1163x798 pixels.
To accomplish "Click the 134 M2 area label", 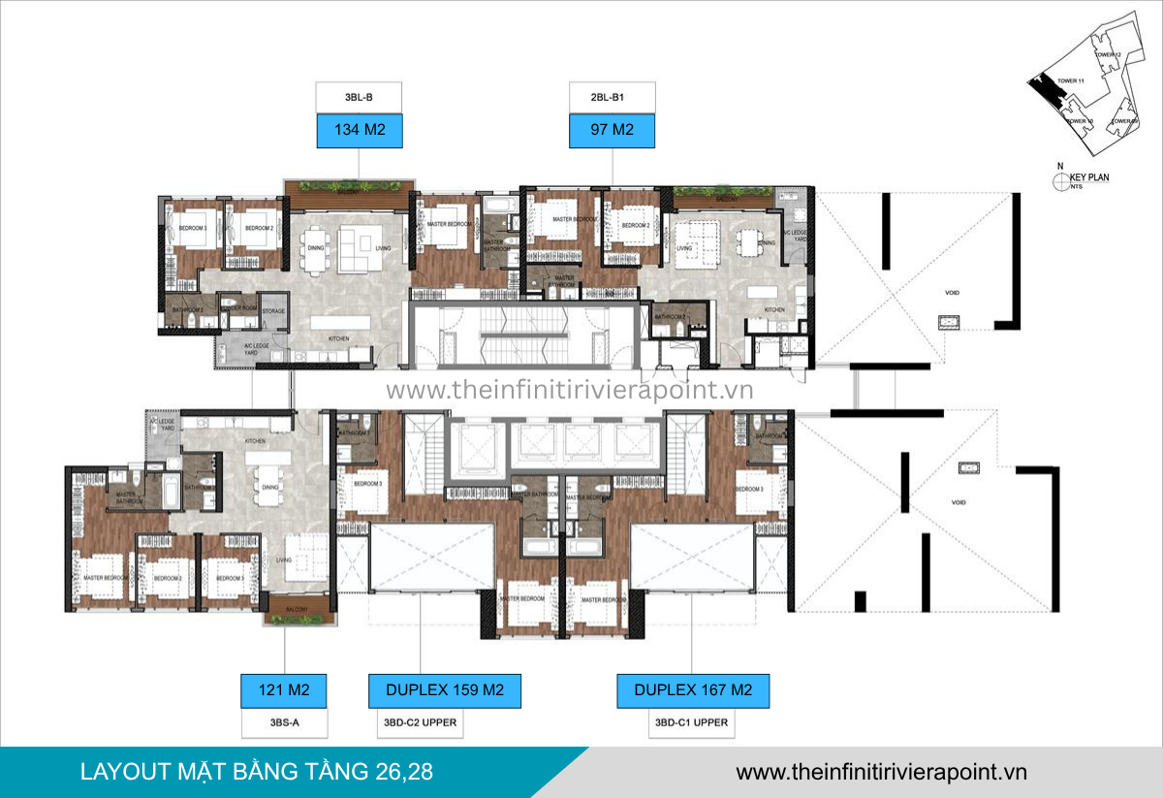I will click(x=359, y=131).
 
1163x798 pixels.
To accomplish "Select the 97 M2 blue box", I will click(x=612, y=131).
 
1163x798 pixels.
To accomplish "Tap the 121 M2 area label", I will click(x=283, y=690).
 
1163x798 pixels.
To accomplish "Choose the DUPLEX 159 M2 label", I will click(x=444, y=690).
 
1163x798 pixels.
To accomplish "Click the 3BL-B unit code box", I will click(x=359, y=98).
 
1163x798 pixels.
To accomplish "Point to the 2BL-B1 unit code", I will click(x=612, y=98).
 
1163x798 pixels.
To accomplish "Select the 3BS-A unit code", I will click(x=283, y=722).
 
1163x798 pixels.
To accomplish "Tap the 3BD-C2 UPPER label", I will click(x=420, y=722).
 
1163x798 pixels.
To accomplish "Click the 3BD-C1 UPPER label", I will click(x=691, y=722).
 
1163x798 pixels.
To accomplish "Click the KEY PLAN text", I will click(x=1089, y=177).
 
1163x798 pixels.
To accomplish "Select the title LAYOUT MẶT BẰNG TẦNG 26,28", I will click(x=257, y=772).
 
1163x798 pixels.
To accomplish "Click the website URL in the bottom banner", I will click(x=881, y=772).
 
